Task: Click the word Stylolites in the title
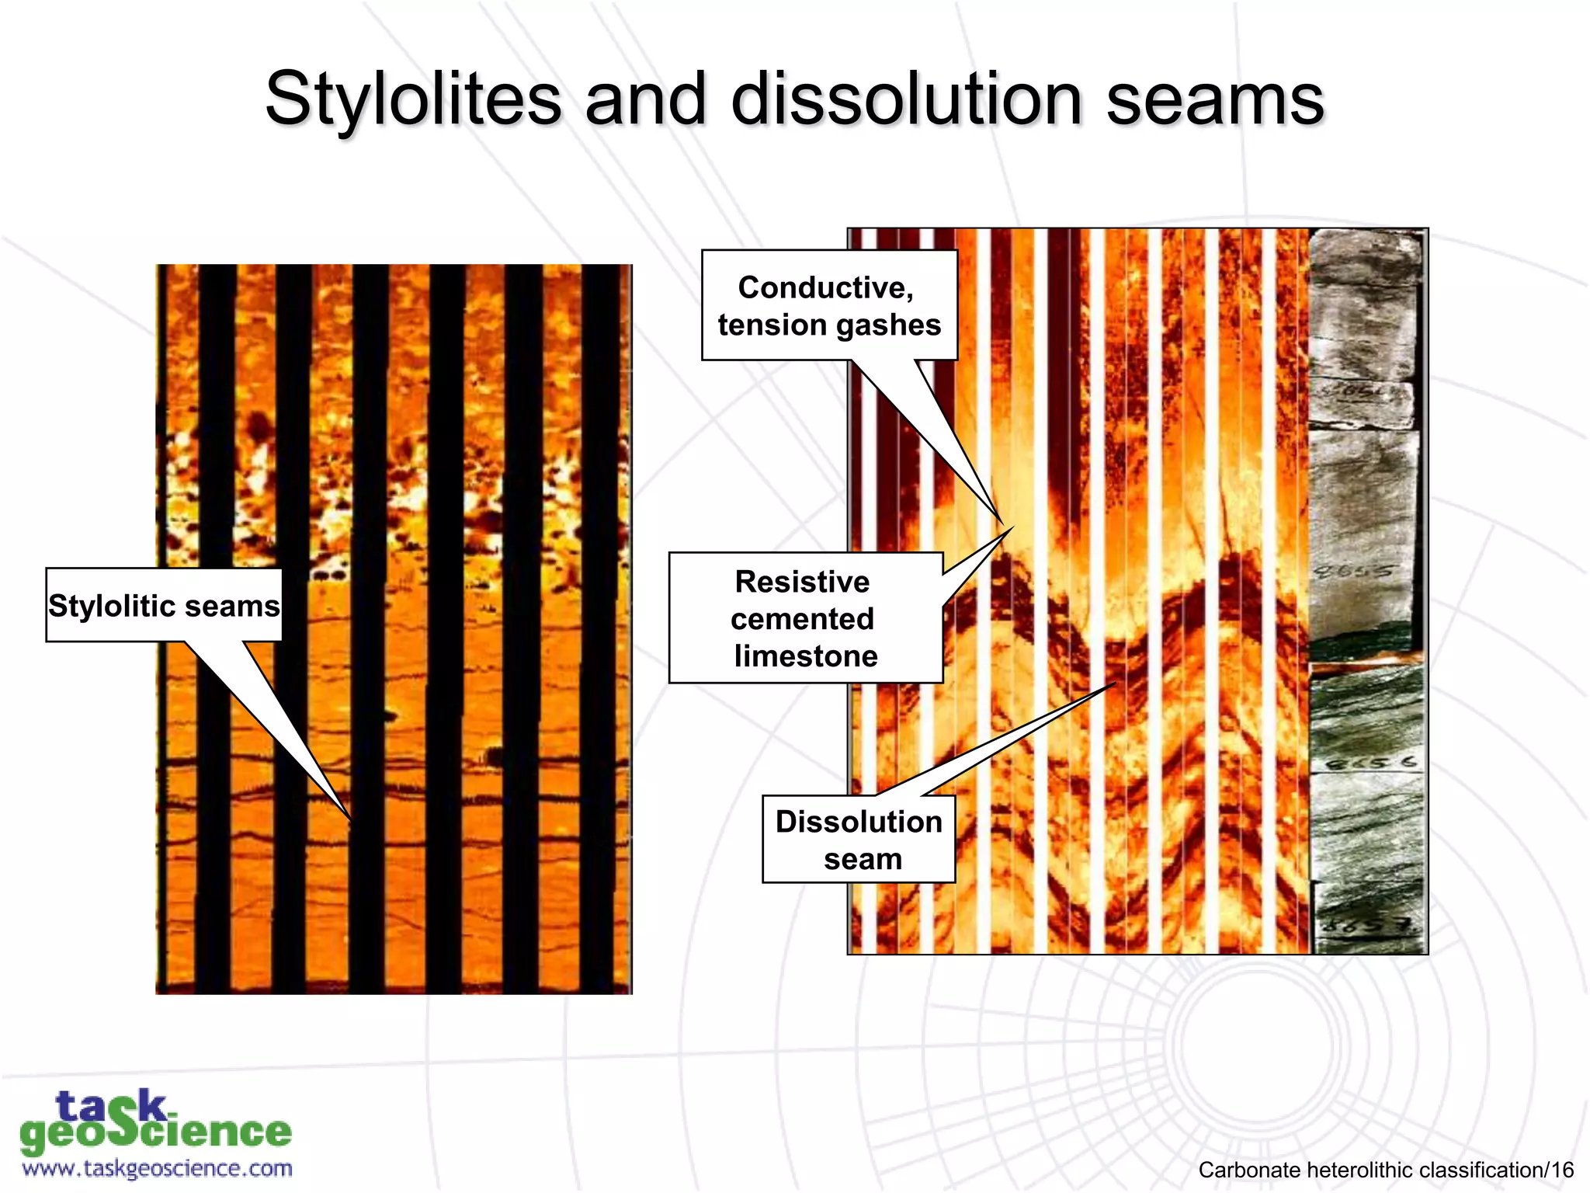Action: tap(413, 99)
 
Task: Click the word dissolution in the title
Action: tap(906, 99)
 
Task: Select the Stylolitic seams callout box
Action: tap(164, 605)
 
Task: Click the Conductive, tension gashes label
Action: tap(829, 305)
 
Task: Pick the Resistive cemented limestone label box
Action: tap(805, 618)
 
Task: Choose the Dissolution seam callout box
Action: tap(859, 839)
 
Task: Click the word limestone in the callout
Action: tap(806, 656)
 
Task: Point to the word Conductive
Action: tap(826, 287)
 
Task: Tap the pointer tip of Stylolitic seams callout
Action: tap(350, 819)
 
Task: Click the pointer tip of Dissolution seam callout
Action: tap(1116, 683)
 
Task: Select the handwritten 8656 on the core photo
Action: tap(1371, 763)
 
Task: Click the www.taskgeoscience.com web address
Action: tap(158, 1168)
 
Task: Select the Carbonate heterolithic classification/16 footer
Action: tap(1385, 1170)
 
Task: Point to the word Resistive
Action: tap(802, 582)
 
